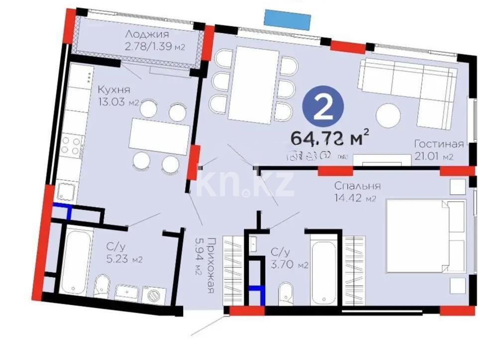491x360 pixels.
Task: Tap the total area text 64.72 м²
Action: point(330,136)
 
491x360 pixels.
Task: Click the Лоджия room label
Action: point(147,34)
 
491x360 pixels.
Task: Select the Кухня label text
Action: point(114,90)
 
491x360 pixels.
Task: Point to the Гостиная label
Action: point(439,144)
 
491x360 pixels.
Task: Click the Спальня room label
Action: point(357,186)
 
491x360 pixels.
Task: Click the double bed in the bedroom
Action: point(425,236)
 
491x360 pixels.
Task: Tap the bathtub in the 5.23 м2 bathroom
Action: point(75,261)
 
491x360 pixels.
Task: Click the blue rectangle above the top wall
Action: point(287,19)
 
